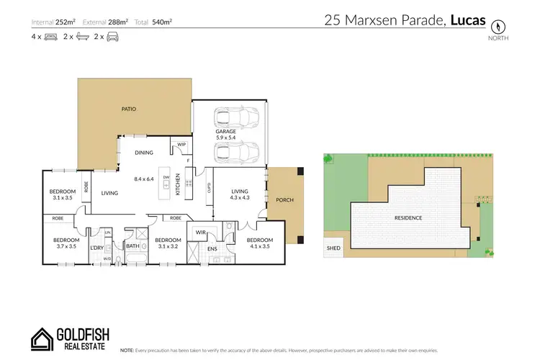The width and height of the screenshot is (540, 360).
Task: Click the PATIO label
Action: [x=129, y=109]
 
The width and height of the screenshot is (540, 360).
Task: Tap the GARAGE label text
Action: [x=226, y=132]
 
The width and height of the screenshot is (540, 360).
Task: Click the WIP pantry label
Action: [x=181, y=145]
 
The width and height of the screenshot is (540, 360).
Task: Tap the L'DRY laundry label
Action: [x=96, y=248]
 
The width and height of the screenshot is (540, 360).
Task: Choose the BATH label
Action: [x=132, y=246]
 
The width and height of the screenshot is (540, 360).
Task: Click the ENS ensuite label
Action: [x=212, y=250]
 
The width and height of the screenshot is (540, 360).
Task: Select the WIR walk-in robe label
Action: [x=202, y=233]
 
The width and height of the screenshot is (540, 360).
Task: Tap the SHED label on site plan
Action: [x=333, y=248]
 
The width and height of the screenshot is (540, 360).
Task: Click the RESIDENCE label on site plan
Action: [x=408, y=217]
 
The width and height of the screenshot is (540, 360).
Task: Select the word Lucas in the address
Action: [x=469, y=22]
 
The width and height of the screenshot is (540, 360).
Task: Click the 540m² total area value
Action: [x=163, y=22]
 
